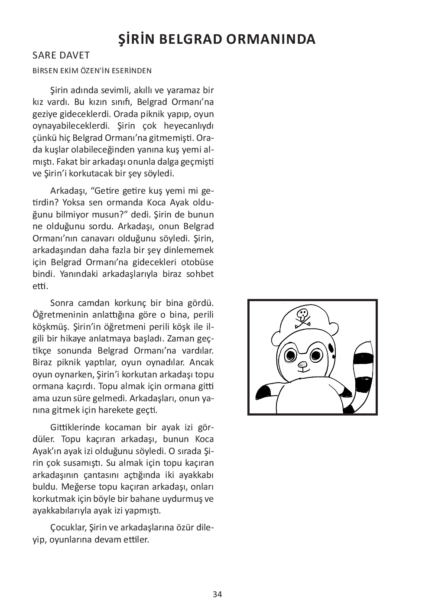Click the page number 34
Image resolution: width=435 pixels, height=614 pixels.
point(217,594)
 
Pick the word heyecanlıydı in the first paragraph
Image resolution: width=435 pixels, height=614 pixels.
point(189,126)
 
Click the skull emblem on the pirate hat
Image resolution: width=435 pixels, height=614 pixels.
point(302,316)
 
